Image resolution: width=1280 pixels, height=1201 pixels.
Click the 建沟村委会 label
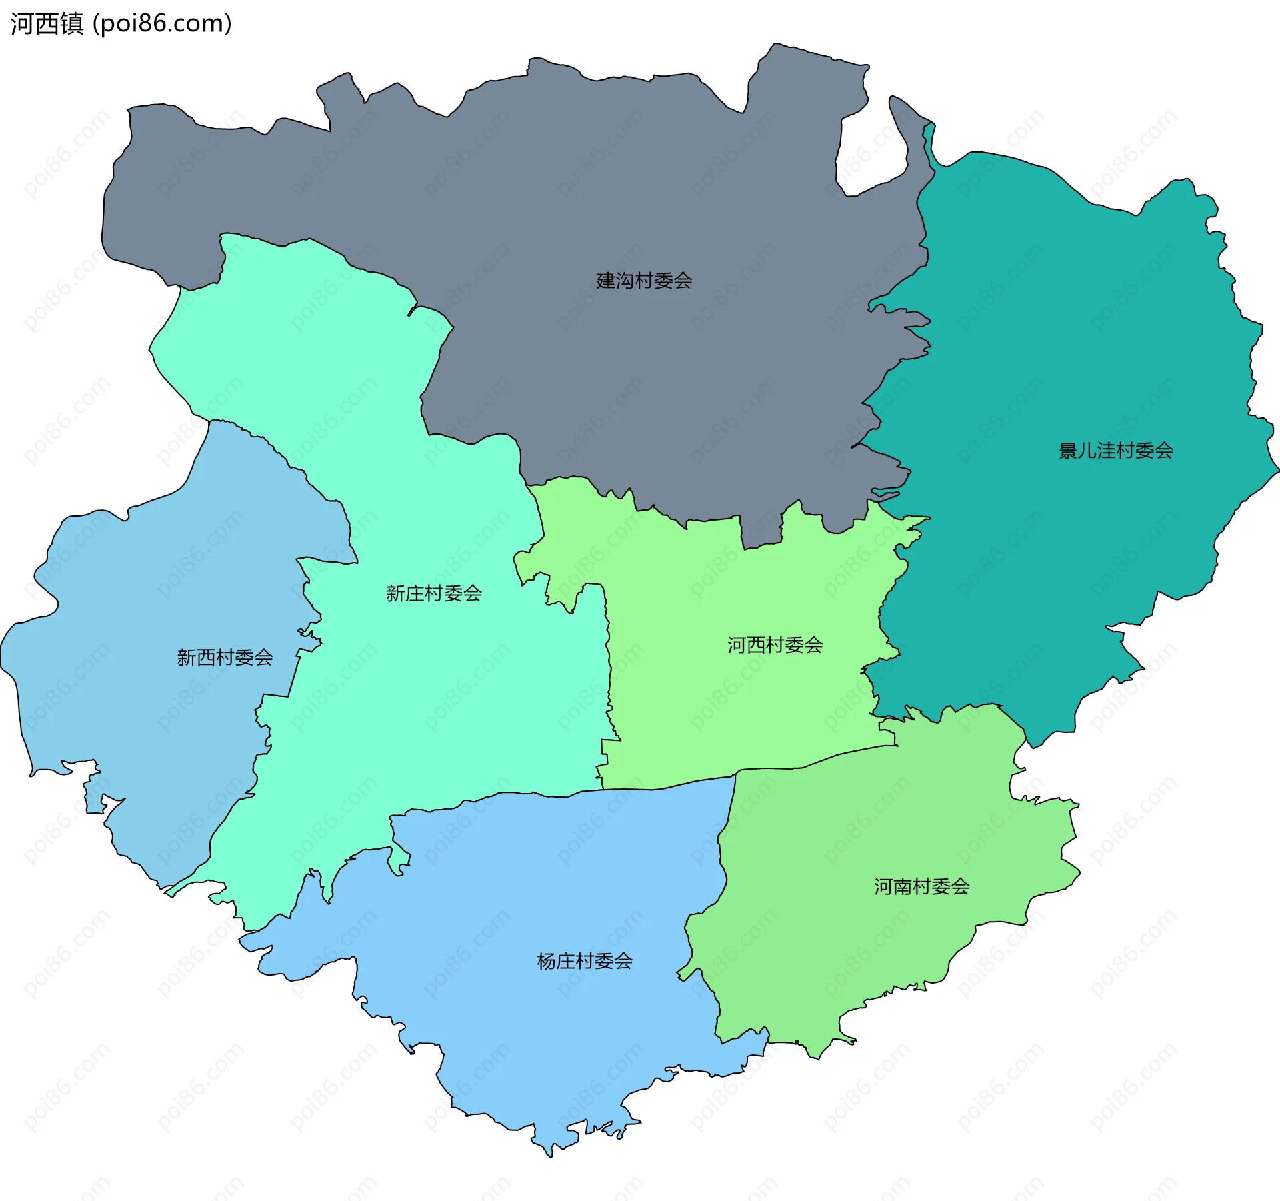(x=644, y=281)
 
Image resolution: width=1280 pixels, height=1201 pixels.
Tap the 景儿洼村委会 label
(x=1116, y=451)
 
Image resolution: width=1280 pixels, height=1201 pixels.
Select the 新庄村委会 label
(x=433, y=593)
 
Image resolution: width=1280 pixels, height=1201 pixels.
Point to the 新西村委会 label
(x=225, y=658)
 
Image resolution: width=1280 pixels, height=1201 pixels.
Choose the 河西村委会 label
(x=775, y=645)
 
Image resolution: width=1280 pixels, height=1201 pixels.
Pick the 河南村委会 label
(x=921, y=886)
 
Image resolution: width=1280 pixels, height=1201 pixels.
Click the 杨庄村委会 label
(x=585, y=961)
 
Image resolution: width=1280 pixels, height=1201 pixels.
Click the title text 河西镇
(x=47, y=24)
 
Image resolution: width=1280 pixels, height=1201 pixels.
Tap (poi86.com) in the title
(x=162, y=24)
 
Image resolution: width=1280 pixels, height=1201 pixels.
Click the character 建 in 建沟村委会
(x=606, y=281)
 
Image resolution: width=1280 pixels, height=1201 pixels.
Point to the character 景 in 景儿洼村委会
(x=1069, y=451)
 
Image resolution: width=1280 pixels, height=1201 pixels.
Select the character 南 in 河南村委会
(x=903, y=886)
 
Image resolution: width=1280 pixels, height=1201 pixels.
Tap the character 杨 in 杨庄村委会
(x=547, y=961)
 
